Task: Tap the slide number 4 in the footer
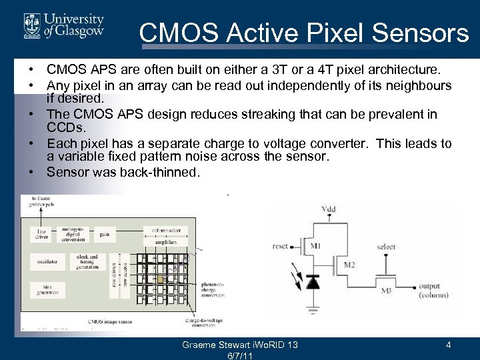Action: click(449, 345)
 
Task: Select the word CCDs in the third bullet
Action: click(66, 127)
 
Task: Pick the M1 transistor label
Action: click(315, 246)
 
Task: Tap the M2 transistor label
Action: click(349, 265)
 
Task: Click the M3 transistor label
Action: click(386, 291)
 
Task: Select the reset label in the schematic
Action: click(281, 246)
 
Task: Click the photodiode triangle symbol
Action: click(312, 283)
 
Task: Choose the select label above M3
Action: click(386, 247)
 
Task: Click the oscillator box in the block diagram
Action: click(47, 262)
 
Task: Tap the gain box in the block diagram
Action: click(105, 235)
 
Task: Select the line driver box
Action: click(41, 234)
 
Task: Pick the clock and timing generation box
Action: click(87, 261)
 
